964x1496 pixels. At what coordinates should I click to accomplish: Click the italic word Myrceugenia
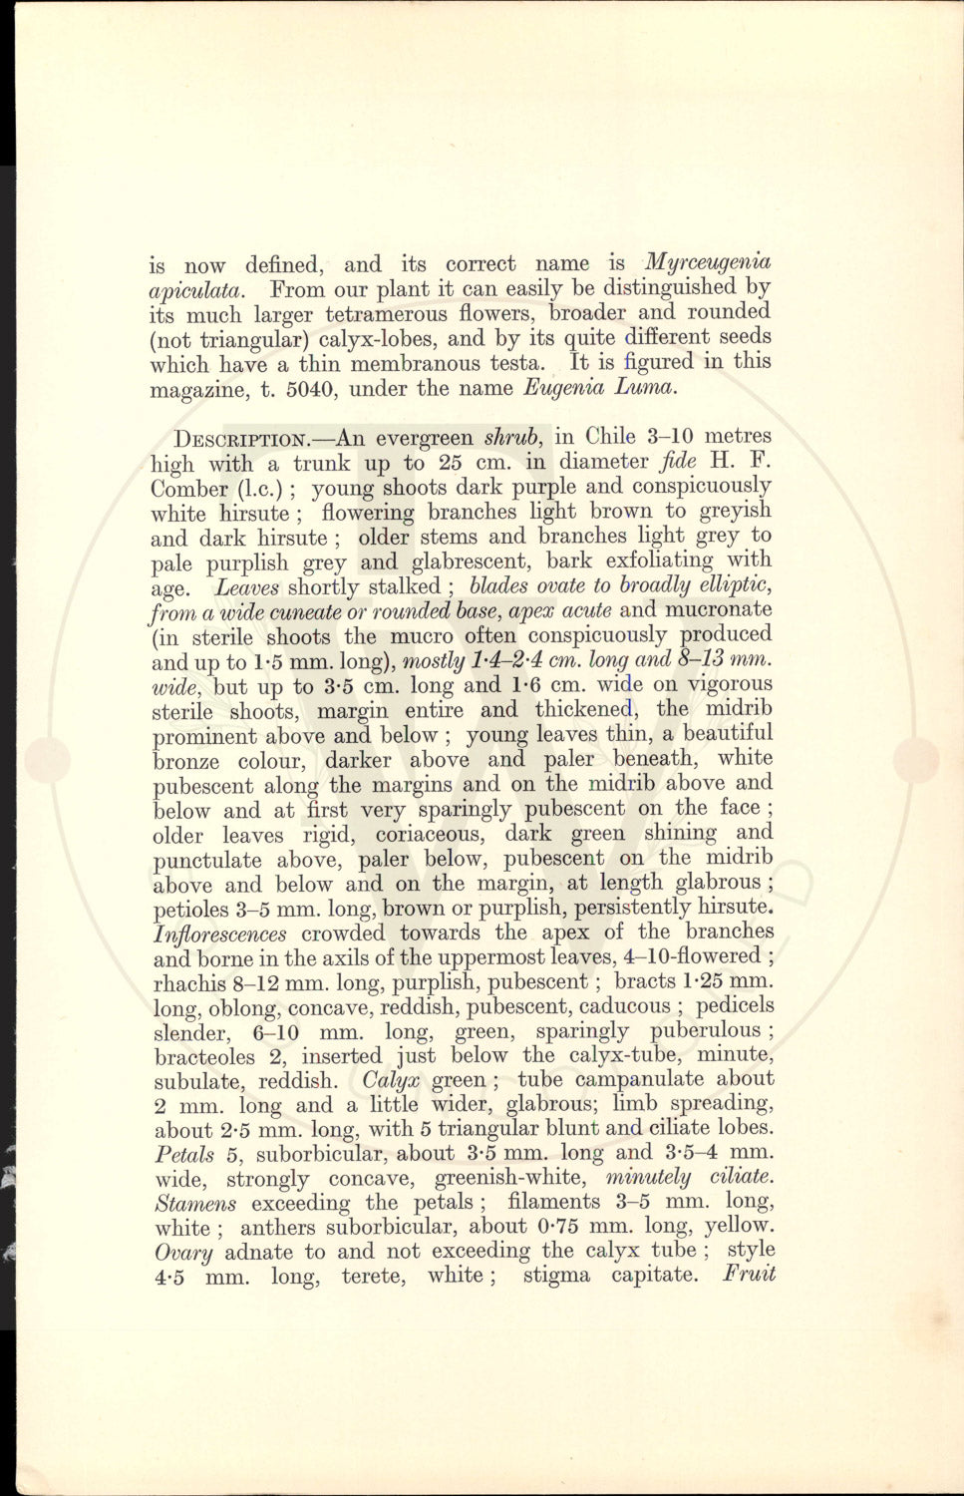point(708,263)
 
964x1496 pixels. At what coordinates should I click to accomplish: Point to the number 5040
point(310,389)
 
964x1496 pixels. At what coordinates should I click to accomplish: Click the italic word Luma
point(647,387)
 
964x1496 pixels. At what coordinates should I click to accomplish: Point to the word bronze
point(185,761)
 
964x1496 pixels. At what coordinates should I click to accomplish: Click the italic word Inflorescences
point(220,935)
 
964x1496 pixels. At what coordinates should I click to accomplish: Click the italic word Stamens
point(195,1203)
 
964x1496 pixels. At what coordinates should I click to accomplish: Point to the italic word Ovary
point(182,1252)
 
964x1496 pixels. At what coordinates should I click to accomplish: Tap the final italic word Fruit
point(749,1275)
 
